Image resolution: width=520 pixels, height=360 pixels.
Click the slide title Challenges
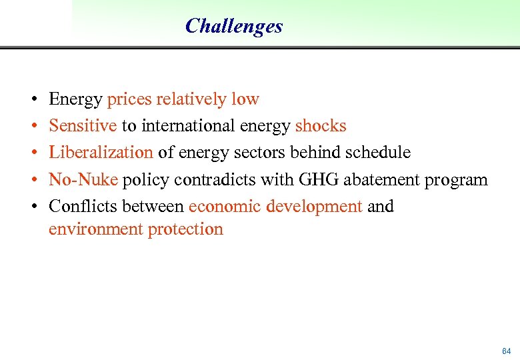[x=234, y=26]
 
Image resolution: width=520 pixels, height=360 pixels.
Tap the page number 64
[x=506, y=351]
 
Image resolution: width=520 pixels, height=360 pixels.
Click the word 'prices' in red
[x=129, y=100]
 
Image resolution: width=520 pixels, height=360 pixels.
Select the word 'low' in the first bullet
[x=245, y=100]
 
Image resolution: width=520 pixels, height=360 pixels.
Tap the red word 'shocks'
[x=321, y=126]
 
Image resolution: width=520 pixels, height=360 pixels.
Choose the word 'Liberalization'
[x=101, y=153]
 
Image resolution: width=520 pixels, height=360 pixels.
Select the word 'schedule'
[x=377, y=153]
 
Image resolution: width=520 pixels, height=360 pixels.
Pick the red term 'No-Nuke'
[x=83, y=180]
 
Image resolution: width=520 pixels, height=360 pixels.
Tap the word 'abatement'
[x=375, y=180]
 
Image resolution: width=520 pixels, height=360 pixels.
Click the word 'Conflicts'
[x=83, y=207]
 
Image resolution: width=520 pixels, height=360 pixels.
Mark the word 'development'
[x=313, y=207]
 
